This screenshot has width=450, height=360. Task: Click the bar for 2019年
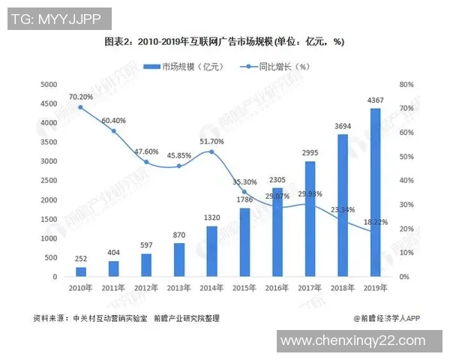coord(375,193)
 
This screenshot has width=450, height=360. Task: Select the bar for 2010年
coord(81,271)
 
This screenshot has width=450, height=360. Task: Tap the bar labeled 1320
coord(211,251)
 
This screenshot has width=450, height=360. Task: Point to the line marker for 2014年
coord(211,152)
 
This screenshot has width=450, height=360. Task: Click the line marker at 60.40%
coord(114,131)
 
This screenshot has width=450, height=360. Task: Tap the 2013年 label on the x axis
coord(179,288)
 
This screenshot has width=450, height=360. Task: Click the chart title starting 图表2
coord(224,41)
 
